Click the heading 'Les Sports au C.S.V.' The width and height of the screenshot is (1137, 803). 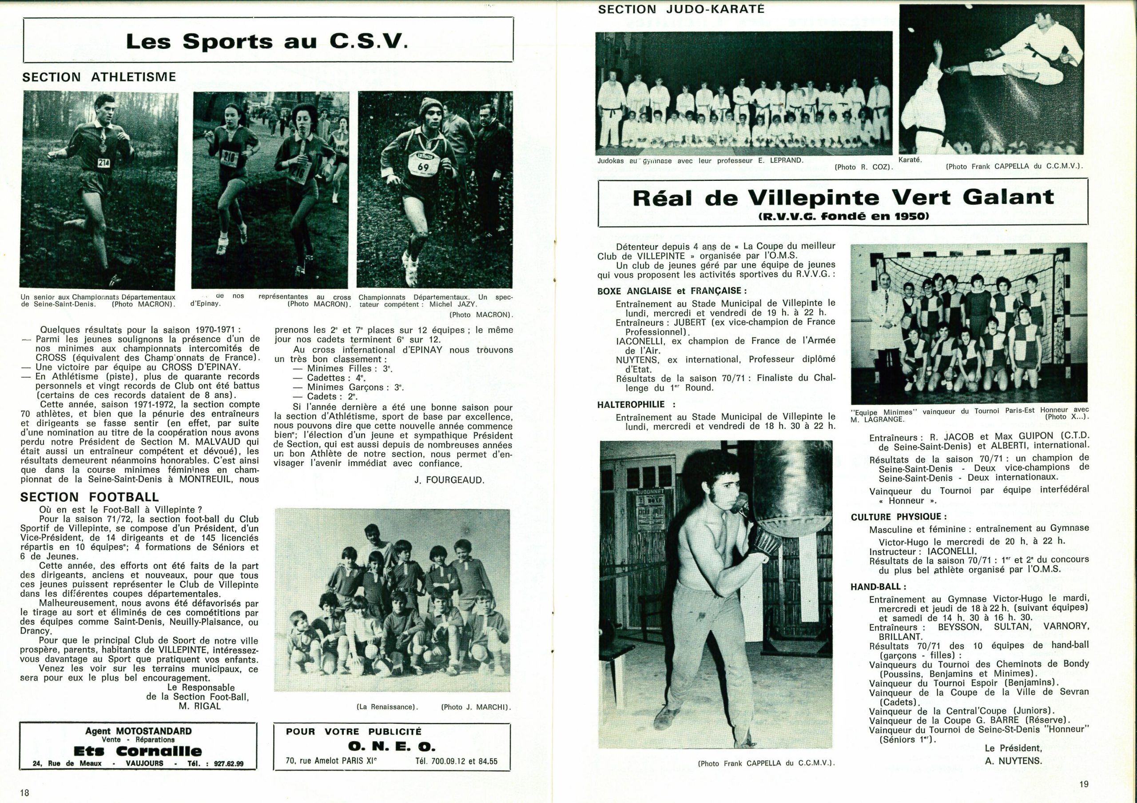pos(267,42)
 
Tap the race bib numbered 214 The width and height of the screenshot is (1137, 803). pos(104,162)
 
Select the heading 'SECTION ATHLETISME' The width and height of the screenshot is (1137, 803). pos(99,77)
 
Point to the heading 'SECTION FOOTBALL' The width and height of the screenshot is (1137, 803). pos(90,497)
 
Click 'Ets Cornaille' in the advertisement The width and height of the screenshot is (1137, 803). pos(138,751)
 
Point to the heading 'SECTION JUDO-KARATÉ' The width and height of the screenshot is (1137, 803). pos(681,9)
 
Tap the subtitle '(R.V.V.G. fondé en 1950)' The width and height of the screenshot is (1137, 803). pos(843,216)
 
